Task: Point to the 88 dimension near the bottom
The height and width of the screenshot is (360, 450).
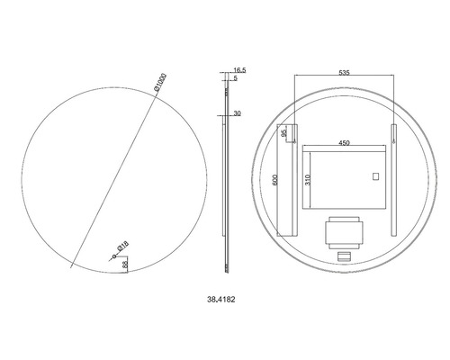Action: pyautogui.click(x=126, y=265)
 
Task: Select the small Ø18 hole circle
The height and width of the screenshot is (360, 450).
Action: pyautogui.click(x=113, y=256)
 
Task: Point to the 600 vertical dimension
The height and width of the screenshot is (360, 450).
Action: pyautogui.click(x=275, y=180)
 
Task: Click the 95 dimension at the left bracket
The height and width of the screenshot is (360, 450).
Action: pyautogui.click(x=284, y=134)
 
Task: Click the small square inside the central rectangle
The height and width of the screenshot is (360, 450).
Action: pyautogui.click(x=375, y=176)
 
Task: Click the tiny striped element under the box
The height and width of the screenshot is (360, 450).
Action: pyautogui.click(x=343, y=257)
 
